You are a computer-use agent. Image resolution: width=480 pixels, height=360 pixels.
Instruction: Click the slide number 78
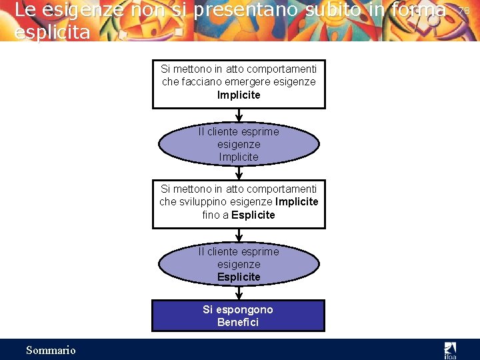(465, 11)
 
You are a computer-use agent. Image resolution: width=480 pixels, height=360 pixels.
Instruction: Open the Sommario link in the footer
(51, 350)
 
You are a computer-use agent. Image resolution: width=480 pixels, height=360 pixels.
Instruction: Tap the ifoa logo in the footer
(450, 349)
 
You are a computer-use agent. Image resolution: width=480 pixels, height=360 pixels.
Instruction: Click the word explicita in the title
(52, 32)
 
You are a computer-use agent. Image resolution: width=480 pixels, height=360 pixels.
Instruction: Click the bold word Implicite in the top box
(239, 95)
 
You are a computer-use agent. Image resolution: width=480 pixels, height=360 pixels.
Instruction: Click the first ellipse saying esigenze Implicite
(239, 145)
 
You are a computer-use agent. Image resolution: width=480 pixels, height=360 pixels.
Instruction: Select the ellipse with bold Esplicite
(239, 265)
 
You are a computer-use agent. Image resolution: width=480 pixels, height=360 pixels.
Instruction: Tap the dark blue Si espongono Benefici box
(239, 316)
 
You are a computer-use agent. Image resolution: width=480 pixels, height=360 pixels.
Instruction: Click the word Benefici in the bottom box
(239, 323)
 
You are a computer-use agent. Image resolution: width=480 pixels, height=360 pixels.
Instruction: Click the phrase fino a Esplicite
(239, 215)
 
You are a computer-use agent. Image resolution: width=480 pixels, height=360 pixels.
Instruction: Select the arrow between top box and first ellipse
(239, 115)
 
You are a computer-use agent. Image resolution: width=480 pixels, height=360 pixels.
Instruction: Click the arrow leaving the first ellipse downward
(239, 173)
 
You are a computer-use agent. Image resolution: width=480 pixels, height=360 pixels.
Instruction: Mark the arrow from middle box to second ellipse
(239, 235)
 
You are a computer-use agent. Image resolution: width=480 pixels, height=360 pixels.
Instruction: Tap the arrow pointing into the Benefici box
(239, 293)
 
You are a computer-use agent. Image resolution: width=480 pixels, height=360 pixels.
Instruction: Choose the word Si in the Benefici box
(209, 309)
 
